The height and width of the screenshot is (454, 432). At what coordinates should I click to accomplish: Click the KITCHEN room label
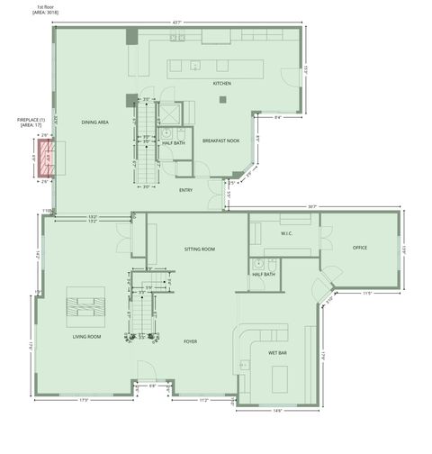(x=222, y=84)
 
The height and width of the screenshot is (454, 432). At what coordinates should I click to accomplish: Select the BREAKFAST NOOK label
(x=220, y=141)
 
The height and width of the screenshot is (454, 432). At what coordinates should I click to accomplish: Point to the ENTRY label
(x=186, y=190)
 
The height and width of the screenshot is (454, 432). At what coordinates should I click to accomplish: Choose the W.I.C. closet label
(x=287, y=234)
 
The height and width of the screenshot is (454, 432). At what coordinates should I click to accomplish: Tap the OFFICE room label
(x=360, y=247)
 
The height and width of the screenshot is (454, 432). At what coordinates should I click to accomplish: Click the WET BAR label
(x=276, y=352)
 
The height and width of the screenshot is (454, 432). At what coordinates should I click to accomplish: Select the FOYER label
(x=190, y=341)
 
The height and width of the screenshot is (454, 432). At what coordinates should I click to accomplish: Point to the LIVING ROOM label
(x=86, y=336)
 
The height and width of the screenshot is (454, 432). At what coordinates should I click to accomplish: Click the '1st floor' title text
(x=41, y=7)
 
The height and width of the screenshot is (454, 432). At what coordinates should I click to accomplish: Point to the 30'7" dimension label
(x=311, y=206)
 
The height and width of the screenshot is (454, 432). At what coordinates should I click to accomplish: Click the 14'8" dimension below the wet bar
(x=278, y=411)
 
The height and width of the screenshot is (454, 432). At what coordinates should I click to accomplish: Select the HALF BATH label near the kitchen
(x=174, y=142)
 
